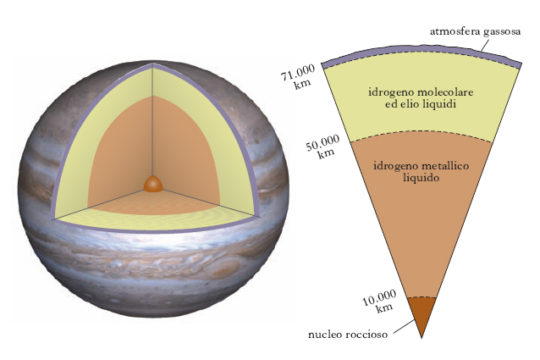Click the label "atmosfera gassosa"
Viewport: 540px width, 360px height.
[x=476, y=31]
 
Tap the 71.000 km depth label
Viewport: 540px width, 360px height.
[x=299, y=77]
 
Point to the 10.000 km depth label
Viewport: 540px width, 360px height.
[x=380, y=301]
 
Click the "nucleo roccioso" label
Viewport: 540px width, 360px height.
[x=348, y=334]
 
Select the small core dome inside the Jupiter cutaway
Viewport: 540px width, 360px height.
[x=153, y=184]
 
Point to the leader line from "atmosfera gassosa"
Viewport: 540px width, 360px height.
[x=485, y=45]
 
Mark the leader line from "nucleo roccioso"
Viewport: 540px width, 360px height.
[x=404, y=327]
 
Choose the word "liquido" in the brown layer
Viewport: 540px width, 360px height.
[x=422, y=178]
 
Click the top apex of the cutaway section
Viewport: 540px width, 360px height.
[x=152, y=64]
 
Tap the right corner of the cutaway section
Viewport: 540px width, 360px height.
[x=258, y=216]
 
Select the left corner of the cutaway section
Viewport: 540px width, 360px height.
[x=52, y=219]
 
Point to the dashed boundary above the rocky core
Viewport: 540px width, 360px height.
[x=422, y=297]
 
